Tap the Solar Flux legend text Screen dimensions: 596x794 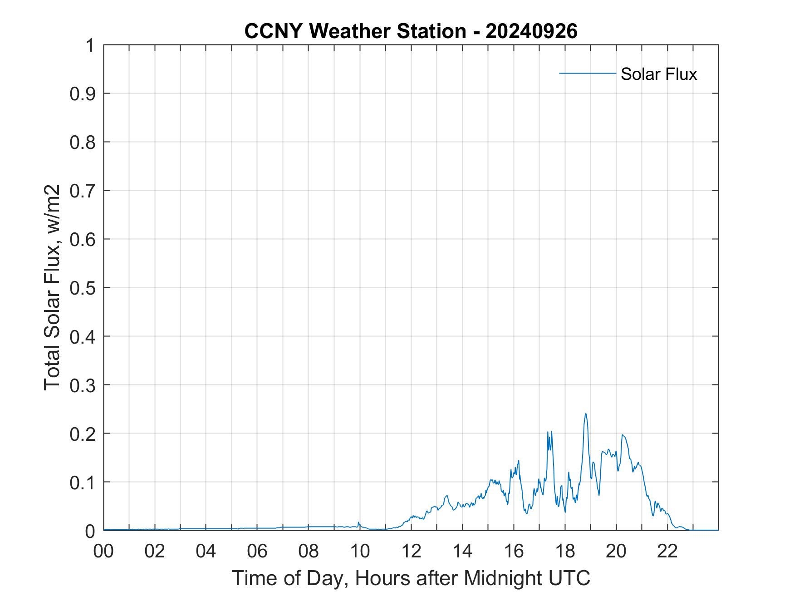pyautogui.click(x=658, y=74)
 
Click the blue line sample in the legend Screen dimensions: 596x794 pyautogui.click(x=587, y=73)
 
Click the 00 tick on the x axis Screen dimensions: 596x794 pyautogui.click(x=103, y=551)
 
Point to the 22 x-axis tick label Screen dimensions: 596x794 pyautogui.click(x=667, y=551)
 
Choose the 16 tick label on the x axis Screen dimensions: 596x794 pyautogui.click(x=514, y=551)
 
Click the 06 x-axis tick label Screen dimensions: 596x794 pyautogui.click(x=257, y=551)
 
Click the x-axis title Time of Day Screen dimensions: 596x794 pyautogui.click(x=411, y=578)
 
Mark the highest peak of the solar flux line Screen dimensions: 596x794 pyautogui.click(x=585, y=414)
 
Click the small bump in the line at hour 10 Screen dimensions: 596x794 pyautogui.click(x=358, y=523)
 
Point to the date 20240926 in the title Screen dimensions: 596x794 pyautogui.click(x=531, y=31)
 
